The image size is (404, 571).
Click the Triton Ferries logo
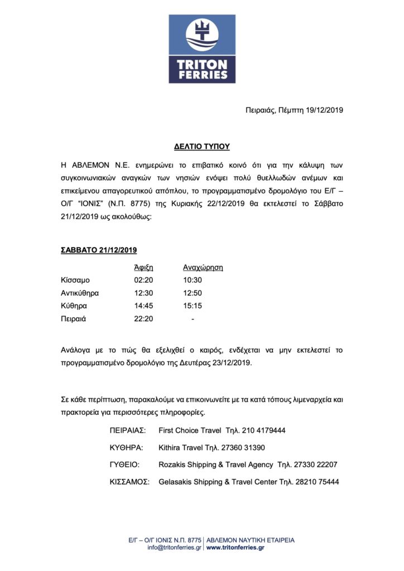202,49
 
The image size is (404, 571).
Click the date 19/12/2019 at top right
321,110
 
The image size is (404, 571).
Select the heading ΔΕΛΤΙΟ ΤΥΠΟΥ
201,147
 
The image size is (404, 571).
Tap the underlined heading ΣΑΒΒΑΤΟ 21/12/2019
99,250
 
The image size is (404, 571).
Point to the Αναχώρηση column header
203,267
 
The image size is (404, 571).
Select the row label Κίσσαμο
75,280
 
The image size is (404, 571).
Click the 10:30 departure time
192,280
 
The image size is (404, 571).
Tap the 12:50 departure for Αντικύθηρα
192,293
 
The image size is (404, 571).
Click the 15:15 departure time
192,306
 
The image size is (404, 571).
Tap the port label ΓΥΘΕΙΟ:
124,464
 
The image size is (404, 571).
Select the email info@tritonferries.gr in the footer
175,548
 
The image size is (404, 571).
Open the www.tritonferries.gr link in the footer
235,548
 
